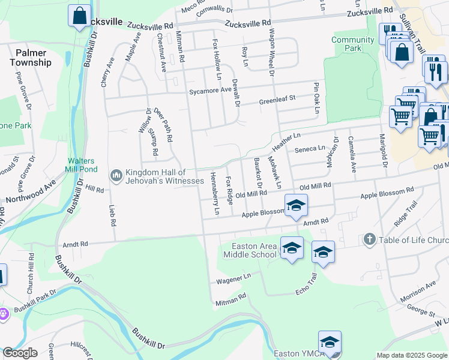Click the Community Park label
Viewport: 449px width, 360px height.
[352, 44]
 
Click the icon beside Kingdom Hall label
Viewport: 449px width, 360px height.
[116, 175]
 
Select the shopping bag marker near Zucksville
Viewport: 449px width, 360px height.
[80, 16]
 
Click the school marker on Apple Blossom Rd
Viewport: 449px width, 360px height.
[296, 206]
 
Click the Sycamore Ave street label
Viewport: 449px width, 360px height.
[209, 90]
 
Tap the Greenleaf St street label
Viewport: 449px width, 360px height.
[277, 100]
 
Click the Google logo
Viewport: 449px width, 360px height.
[20, 353]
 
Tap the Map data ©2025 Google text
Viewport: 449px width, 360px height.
[411, 355]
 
